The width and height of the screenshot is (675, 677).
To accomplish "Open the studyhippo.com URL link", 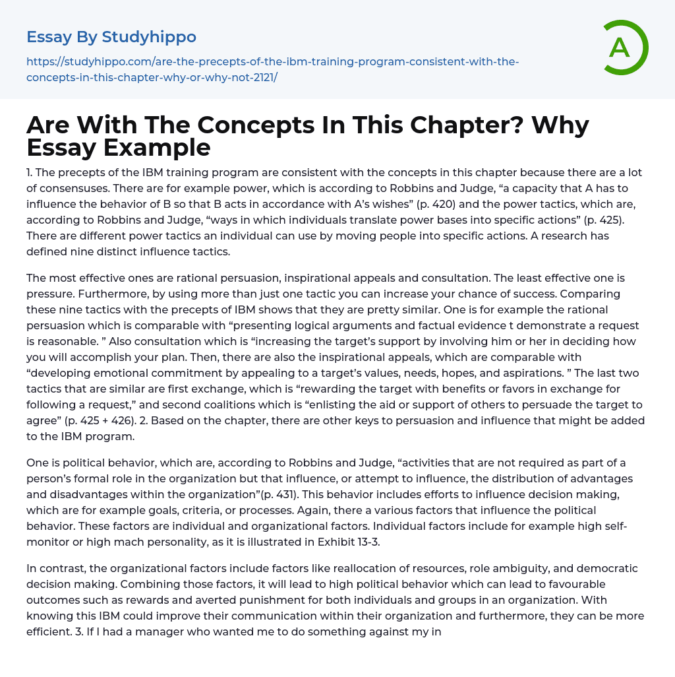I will click(272, 69).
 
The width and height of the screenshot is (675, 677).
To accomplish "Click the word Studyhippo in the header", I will click(149, 36).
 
